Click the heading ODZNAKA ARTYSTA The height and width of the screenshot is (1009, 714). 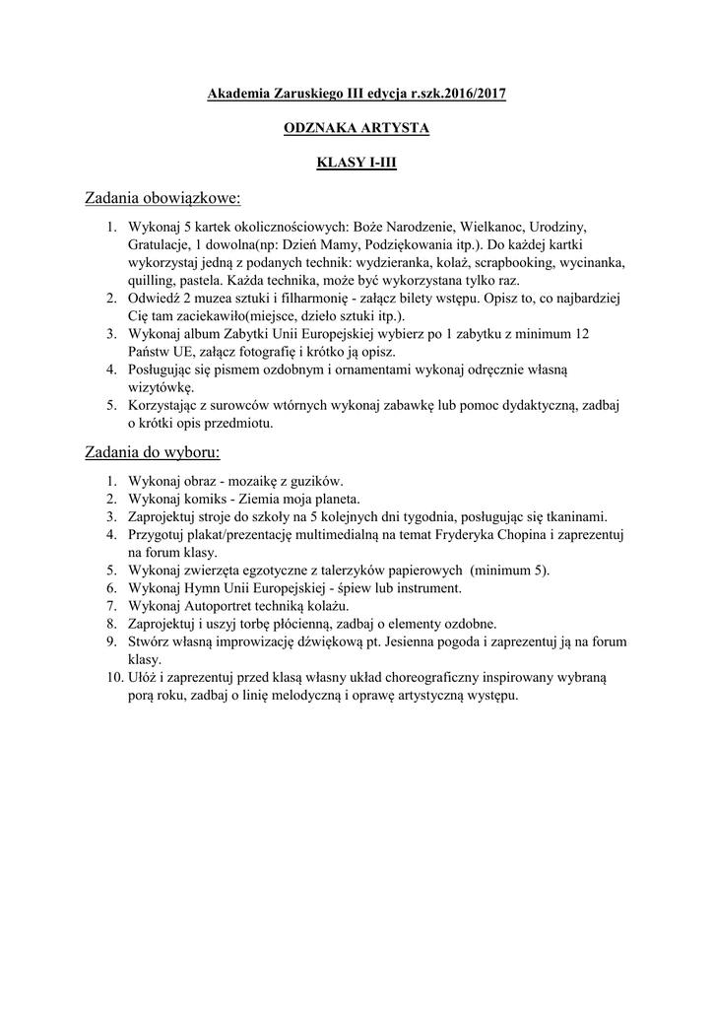point(357,128)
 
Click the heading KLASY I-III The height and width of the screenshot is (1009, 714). point(357,163)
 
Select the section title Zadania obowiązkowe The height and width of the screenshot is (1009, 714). point(162,199)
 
